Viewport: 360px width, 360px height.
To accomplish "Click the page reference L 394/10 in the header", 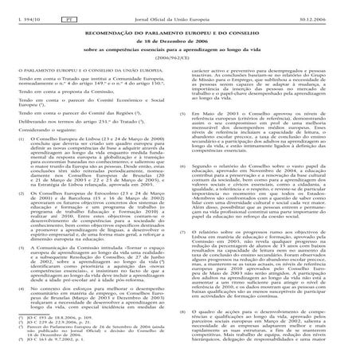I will coord(18,7).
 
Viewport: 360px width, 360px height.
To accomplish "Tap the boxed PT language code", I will coord(68,7).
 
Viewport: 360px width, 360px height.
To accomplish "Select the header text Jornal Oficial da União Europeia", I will coord(179,7).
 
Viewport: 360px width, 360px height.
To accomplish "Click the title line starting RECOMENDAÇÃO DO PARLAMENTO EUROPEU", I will coord(179,29).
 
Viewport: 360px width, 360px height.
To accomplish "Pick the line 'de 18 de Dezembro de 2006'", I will coord(179,37).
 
